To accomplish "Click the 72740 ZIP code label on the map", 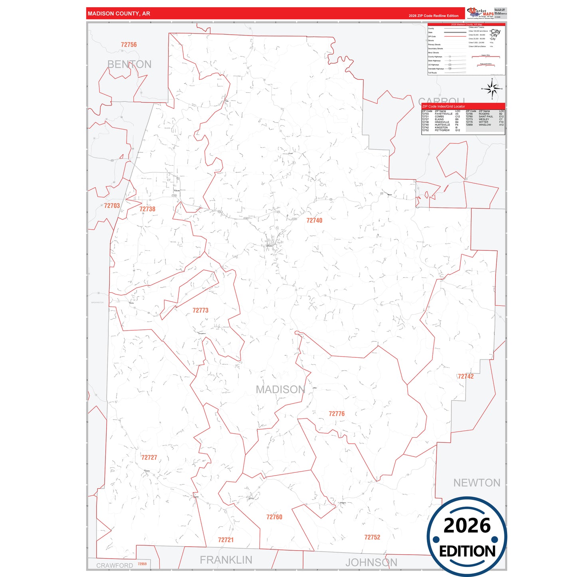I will [314, 220].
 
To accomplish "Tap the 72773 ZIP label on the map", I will [200, 310].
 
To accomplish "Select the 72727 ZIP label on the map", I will [149, 458].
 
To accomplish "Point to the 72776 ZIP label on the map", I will [337, 414].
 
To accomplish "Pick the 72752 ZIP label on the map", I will [372, 537].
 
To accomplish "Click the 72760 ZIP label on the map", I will [274, 517].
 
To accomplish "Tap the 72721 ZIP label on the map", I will [226, 540].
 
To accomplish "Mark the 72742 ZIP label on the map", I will [466, 377].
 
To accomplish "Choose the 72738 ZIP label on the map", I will [147, 209].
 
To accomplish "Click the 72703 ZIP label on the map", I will [112, 206].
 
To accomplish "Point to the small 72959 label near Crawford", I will [142, 564].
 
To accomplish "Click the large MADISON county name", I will [280, 389].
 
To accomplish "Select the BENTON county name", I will [129, 64].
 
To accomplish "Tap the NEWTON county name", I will [476, 483].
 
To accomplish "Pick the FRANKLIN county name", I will [226, 560].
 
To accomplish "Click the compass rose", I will [492, 89].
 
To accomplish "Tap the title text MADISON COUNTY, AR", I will [119, 14].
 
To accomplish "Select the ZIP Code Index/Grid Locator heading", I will [443, 107].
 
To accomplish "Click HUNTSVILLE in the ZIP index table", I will [442, 125].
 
